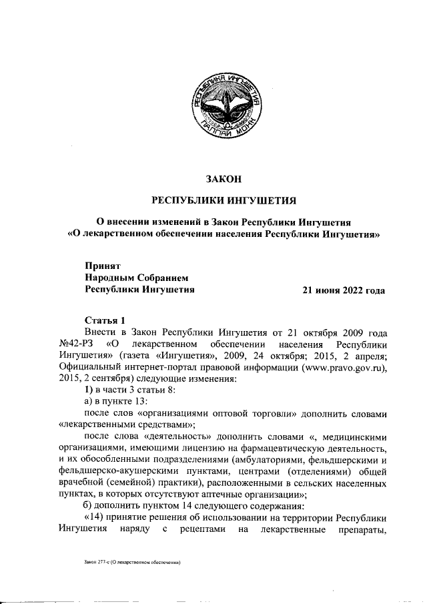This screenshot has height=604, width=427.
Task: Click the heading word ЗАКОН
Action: pos(224,178)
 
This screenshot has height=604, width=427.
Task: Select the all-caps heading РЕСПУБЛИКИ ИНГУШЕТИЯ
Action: pos(224,200)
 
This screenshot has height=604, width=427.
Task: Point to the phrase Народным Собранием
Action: pos(137,278)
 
